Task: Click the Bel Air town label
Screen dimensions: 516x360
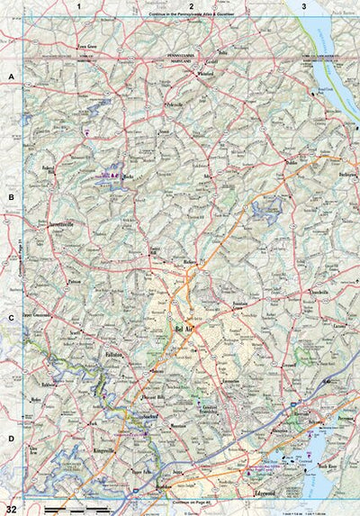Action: click(x=193, y=328)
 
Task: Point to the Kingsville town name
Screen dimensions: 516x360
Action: click(x=105, y=449)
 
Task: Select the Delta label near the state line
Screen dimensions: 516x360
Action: click(x=235, y=52)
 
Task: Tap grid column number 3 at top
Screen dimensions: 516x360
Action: click(x=303, y=7)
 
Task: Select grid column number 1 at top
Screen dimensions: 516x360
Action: click(x=79, y=7)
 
